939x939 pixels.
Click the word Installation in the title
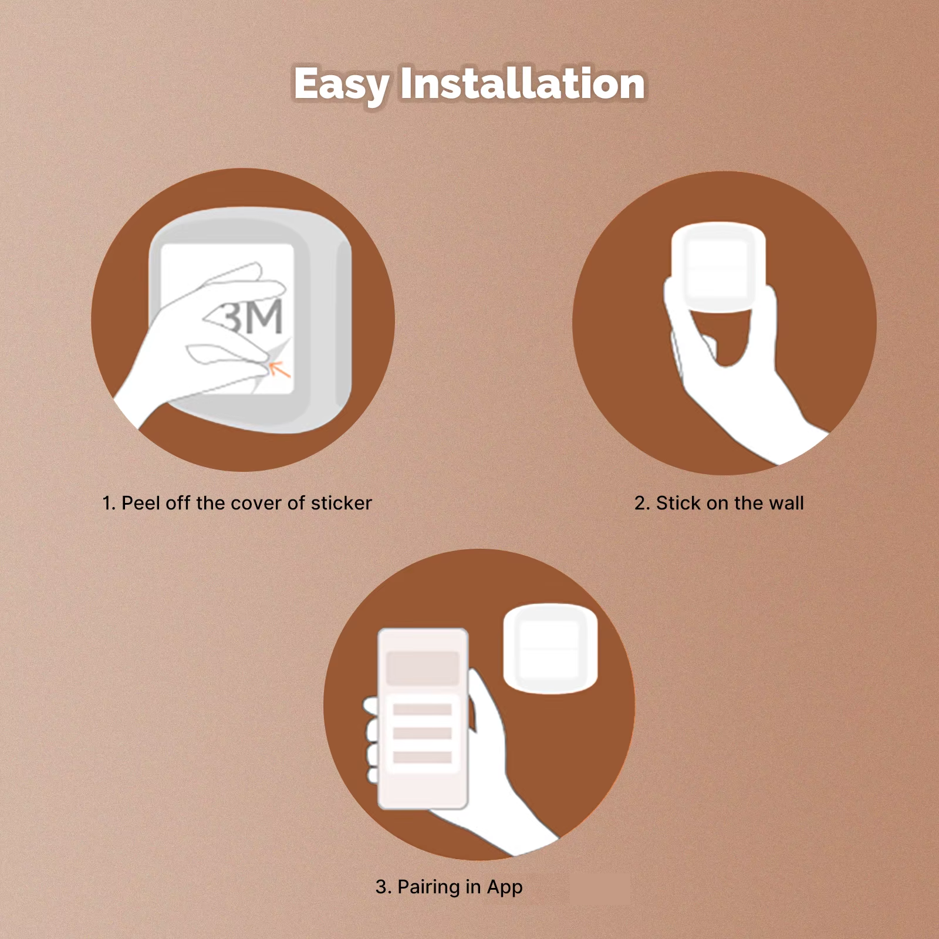[523, 83]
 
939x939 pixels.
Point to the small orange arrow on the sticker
[280, 369]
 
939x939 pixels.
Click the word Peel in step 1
[141, 503]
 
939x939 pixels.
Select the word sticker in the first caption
[342, 503]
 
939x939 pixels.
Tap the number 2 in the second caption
[640, 503]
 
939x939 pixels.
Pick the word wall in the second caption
[786, 503]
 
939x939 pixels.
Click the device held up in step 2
[718, 266]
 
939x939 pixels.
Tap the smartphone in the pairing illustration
[423, 719]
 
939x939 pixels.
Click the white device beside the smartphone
[550, 649]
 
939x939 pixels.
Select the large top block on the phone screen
[423, 668]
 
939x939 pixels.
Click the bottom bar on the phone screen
[423, 757]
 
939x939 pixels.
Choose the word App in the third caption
[505, 888]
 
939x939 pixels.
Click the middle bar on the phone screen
[423, 734]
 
